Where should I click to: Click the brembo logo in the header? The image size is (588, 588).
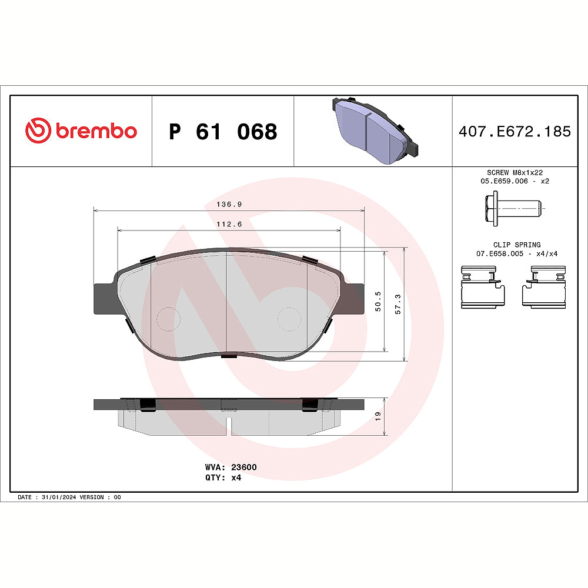point(81,131)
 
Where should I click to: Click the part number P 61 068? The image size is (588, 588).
point(223,132)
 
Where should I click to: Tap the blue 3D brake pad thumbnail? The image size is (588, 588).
point(373,131)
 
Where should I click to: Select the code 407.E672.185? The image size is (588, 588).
point(514,131)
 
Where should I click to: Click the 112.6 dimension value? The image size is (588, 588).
point(229,224)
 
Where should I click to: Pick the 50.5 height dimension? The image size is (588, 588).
point(379,300)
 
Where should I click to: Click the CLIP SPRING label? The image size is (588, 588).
point(516,245)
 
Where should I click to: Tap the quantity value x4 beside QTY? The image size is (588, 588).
point(236,477)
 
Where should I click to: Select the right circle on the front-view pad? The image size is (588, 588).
point(289,319)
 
